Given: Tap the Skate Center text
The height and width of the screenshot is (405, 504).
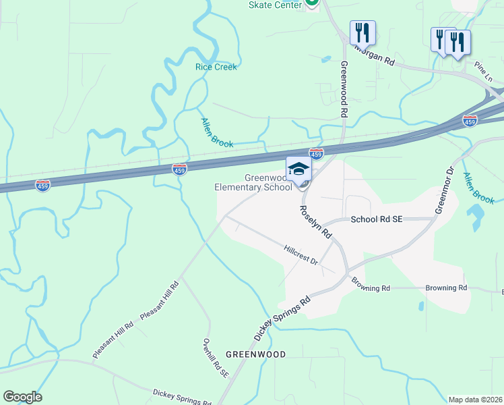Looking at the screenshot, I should coord(274,5).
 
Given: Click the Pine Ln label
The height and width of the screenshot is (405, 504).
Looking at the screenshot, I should coord(483,70).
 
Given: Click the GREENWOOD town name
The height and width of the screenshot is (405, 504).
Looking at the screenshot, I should coord(255,354).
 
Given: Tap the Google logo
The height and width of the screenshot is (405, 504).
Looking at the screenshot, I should coord(22,397).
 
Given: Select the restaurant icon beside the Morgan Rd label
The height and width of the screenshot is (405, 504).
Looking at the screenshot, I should coord(363,32).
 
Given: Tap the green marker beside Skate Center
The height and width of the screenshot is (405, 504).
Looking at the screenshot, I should coord(311,3).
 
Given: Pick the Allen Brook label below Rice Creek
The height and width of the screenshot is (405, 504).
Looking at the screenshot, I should coord(217,133).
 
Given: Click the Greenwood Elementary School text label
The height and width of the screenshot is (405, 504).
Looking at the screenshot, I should coord(253,182).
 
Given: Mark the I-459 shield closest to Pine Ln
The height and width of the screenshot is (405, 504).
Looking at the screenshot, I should coord(470,120).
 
